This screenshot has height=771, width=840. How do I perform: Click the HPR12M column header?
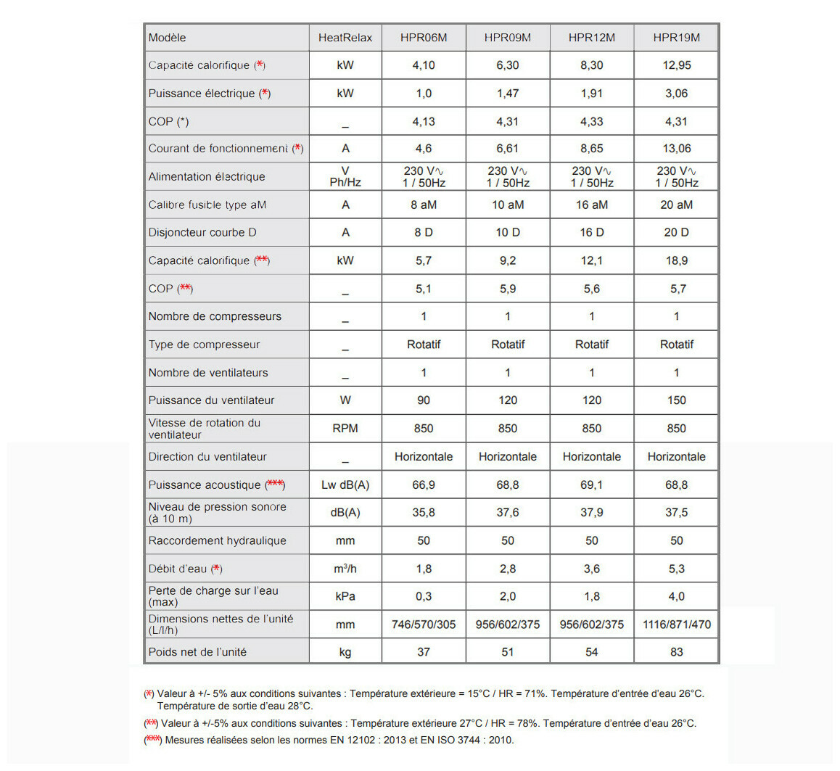pyautogui.click(x=591, y=38)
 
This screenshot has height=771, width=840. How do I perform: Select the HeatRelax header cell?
pyautogui.click(x=345, y=38)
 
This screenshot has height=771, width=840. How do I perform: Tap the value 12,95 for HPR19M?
pyautogui.click(x=676, y=65)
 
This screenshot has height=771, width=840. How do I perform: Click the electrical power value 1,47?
pyautogui.click(x=508, y=94)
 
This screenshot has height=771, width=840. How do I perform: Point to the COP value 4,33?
pyautogui.click(x=591, y=122)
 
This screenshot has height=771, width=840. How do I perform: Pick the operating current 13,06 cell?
pyautogui.click(x=676, y=149)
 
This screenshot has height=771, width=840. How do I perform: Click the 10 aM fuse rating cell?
pyautogui.click(x=508, y=205)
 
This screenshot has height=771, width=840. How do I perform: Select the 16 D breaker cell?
pyautogui.click(x=591, y=233)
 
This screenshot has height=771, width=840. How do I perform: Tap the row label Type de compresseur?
pyautogui.click(x=204, y=345)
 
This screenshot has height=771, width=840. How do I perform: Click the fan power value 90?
pyautogui.click(x=424, y=400)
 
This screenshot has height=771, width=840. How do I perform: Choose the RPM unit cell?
pyautogui.click(x=345, y=429)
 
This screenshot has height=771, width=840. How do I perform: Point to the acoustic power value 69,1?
pyautogui.click(x=591, y=485)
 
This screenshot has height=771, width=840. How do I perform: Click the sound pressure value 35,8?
pyautogui.click(x=424, y=513)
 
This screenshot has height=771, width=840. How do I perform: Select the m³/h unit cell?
pyautogui.click(x=345, y=569)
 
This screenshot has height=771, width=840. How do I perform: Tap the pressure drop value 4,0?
pyautogui.click(x=676, y=596)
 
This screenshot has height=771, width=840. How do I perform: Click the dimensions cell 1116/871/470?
pyautogui.click(x=676, y=624)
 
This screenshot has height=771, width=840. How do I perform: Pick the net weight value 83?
pyautogui.click(x=676, y=652)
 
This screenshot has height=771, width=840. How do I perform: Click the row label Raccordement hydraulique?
pyautogui.click(x=217, y=541)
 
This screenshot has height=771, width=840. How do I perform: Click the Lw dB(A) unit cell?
pyautogui.click(x=345, y=485)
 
